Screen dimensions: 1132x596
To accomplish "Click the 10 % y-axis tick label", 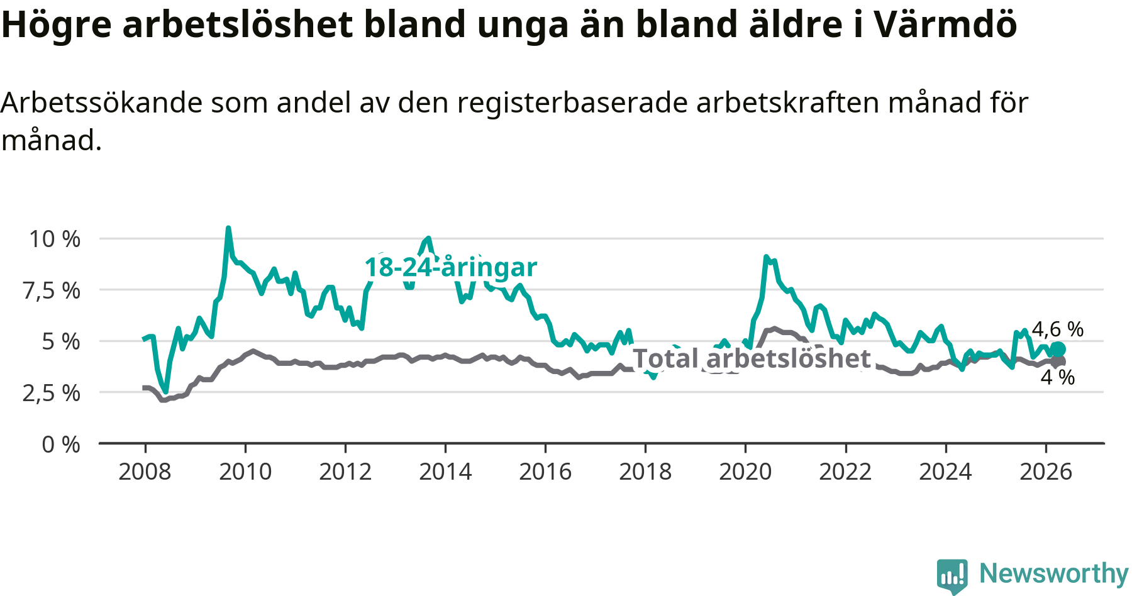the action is [55, 239].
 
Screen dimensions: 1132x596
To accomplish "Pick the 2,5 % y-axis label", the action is [52, 393].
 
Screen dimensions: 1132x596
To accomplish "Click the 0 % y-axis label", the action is [61, 444].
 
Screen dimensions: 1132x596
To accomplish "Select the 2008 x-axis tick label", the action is [145, 472].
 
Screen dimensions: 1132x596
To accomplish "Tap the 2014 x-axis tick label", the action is [445, 472].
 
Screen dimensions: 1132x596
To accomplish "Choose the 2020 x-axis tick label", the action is [745, 472].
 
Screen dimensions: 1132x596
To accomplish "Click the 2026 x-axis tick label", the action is [1046, 472].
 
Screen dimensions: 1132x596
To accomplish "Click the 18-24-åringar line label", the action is [451, 267].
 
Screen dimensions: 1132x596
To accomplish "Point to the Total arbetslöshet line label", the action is [752, 358].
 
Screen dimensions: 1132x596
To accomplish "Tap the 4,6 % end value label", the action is [1058, 329].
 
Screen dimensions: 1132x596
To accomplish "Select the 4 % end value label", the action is [1058, 377].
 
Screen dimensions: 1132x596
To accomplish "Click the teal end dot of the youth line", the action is [1058, 350].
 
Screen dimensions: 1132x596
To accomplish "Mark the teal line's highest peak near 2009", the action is [228, 228].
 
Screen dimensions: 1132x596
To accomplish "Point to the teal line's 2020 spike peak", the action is [766, 257].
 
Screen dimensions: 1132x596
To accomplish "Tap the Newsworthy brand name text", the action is [1054, 573].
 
